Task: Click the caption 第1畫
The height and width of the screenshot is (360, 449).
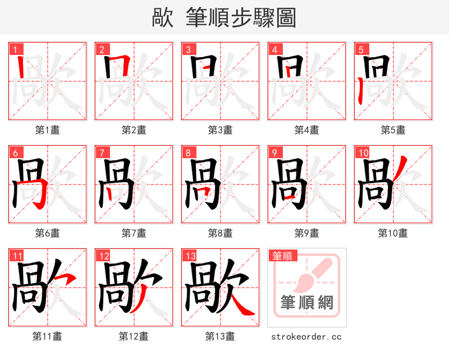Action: coord(48,130)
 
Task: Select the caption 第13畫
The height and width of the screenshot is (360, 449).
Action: coord(220,336)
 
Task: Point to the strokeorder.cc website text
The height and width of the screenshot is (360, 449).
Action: coord(306,337)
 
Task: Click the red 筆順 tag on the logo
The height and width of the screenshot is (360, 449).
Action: coord(282,256)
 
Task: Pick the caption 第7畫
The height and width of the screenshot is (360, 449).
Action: coord(134,233)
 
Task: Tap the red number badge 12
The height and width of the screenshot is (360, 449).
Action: coord(103,256)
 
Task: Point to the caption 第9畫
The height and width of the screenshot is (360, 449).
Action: coord(307,233)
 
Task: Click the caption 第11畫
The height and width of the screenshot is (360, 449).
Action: coord(48,336)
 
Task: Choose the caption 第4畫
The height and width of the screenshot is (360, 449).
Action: coord(307,130)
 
